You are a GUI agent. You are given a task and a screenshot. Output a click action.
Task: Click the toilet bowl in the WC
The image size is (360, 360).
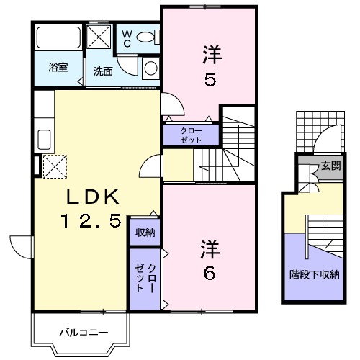point(146,37)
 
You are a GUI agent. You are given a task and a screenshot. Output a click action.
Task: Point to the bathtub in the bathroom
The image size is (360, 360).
point(58,37)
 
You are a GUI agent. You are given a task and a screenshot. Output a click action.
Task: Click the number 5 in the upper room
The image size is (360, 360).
point(210,79)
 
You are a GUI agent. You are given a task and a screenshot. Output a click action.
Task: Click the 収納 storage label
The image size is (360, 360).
point(145,233)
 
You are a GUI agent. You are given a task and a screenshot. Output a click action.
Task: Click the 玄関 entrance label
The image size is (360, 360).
point(330,166)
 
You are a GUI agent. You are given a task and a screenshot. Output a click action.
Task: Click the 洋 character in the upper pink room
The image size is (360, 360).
point(210,53)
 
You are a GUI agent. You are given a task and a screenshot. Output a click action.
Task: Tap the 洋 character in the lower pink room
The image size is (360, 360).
point(210,247)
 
